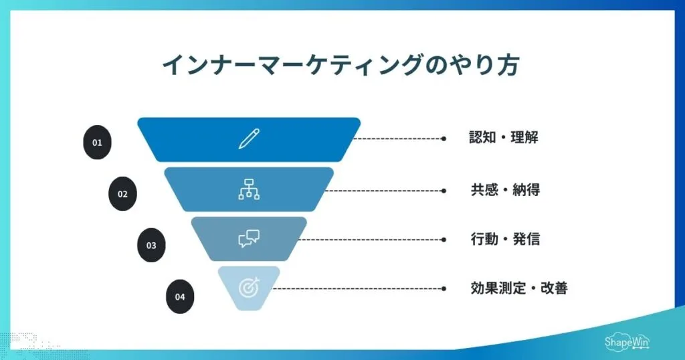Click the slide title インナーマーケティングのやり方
pyautogui.click(x=342, y=66)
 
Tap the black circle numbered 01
pyautogui.click(x=97, y=143)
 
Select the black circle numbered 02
pyautogui.click(x=122, y=194)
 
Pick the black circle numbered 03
pyautogui.click(x=151, y=245)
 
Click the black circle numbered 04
pyautogui.click(x=180, y=296)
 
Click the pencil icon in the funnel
pyautogui.click(x=249, y=139)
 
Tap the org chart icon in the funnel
pyautogui.click(x=249, y=190)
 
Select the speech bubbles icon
pyautogui.click(x=249, y=239)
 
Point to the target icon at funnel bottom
pyautogui.click(x=249, y=288)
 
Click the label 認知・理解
pyautogui.click(x=504, y=139)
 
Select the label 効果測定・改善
pyautogui.click(x=519, y=288)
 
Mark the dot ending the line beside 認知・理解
pyautogui.click(x=444, y=139)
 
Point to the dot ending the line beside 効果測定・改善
pyautogui.click(x=444, y=288)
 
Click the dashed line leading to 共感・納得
pyautogui.click(x=385, y=190)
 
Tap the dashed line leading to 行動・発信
pyautogui.click(x=371, y=239)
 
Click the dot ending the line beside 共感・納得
pyautogui.click(x=444, y=190)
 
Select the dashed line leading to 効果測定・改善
pyautogui.click(x=358, y=288)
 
